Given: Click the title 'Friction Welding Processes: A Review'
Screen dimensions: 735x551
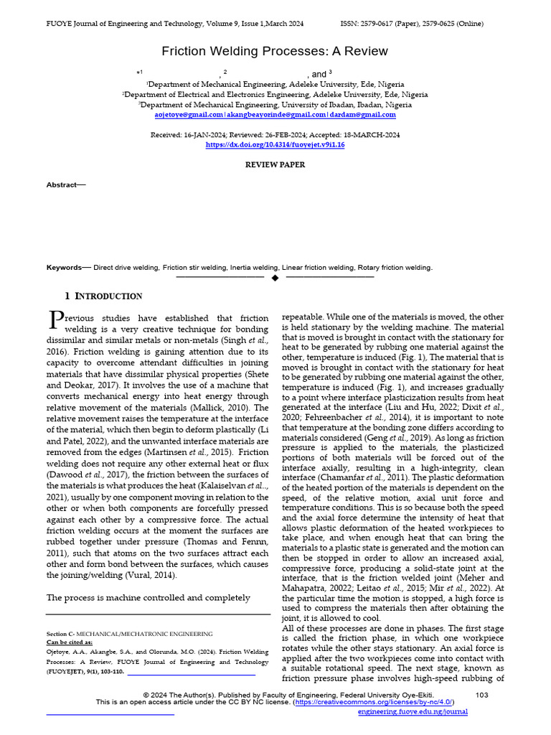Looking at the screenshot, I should [275, 51].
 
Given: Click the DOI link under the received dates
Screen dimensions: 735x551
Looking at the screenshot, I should [275, 144].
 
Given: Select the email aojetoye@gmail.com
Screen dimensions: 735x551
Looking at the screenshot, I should [189, 115].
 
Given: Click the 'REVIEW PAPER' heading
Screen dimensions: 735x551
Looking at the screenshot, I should [275, 165].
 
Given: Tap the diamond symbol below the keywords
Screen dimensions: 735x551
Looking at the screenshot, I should [275, 277].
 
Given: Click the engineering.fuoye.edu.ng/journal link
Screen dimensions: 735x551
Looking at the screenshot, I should [413, 712].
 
